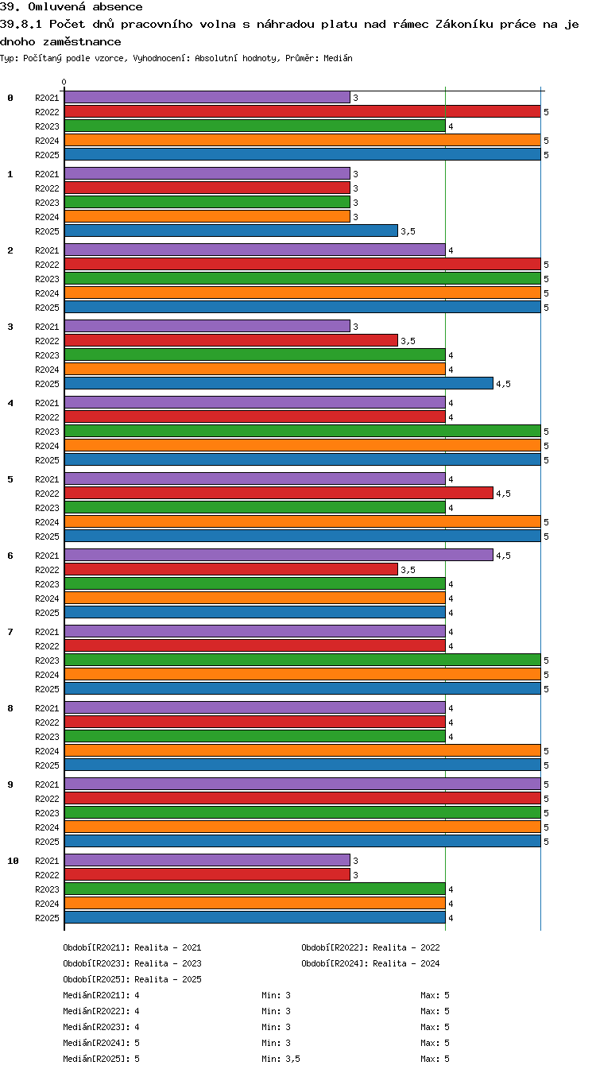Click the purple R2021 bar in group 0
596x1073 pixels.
click(x=207, y=97)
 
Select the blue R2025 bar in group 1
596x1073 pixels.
click(x=231, y=230)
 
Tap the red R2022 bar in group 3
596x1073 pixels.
click(x=231, y=341)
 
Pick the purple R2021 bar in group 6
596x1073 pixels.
click(x=279, y=556)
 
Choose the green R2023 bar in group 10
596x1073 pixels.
click(x=255, y=889)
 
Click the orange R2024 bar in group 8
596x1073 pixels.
click(x=303, y=750)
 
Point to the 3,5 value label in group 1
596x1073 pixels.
click(x=408, y=231)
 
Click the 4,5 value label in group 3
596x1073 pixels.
click(x=504, y=384)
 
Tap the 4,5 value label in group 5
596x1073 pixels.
click(x=504, y=494)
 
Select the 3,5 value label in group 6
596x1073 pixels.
click(x=408, y=570)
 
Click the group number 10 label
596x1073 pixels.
click(x=13, y=861)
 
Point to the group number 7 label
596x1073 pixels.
click(x=10, y=632)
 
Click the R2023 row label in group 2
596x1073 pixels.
click(x=47, y=279)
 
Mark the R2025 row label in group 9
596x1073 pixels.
click(x=47, y=842)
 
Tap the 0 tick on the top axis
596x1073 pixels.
click(x=64, y=83)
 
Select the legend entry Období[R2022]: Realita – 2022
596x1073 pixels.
click(x=370, y=947)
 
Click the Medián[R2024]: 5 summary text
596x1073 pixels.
click(x=101, y=1043)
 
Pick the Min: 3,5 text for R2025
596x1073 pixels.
click(x=281, y=1059)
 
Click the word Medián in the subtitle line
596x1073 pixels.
click(x=338, y=59)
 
